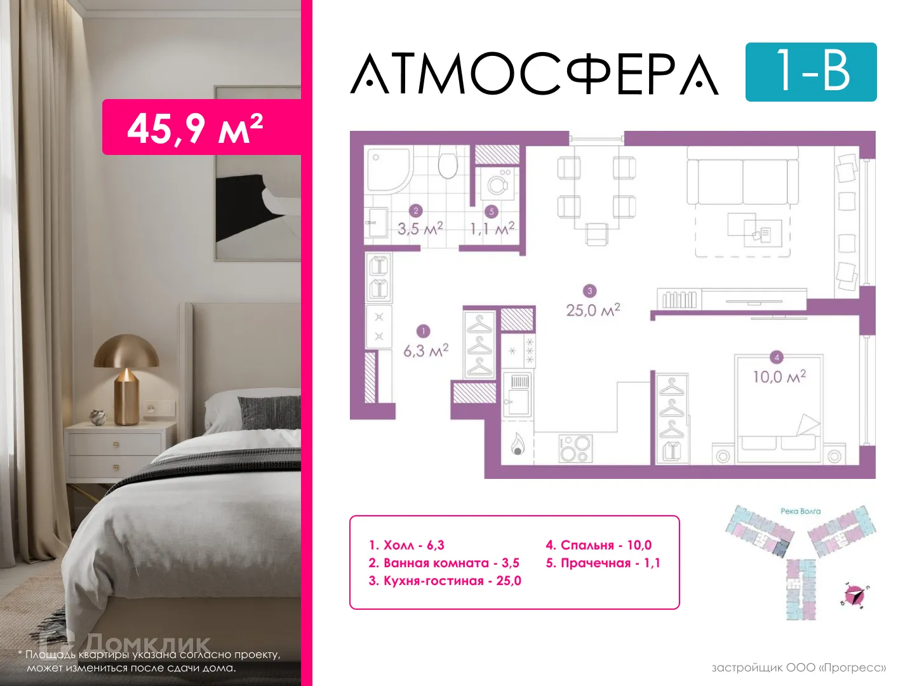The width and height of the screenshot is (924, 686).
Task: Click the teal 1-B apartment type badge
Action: click(x=810, y=72)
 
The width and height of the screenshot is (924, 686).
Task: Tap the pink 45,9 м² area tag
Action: click(x=196, y=128)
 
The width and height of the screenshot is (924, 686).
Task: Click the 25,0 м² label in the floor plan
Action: click(x=593, y=310)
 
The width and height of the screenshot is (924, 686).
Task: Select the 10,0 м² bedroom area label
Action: click(x=779, y=377)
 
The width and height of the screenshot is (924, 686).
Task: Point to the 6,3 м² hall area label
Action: click(x=425, y=350)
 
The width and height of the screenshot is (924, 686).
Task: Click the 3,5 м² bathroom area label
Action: click(x=420, y=228)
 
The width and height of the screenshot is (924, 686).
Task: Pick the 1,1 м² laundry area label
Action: click(x=492, y=228)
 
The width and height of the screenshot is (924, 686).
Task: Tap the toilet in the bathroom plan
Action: click(x=448, y=164)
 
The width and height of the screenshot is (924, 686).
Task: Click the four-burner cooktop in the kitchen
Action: click(x=575, y=448)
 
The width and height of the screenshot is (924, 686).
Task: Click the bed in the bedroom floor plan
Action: click(x=779, y=407)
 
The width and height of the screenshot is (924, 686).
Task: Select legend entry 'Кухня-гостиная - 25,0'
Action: click(x=445, y=581)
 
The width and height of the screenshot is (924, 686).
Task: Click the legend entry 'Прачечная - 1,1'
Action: click(x=603, y=563)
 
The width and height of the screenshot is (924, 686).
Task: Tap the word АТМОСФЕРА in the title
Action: click(x=535, y=74)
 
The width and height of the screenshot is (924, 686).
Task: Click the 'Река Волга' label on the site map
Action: click(x=800, y=511)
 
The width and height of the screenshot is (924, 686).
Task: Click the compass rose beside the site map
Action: click(x=855, y=595)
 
